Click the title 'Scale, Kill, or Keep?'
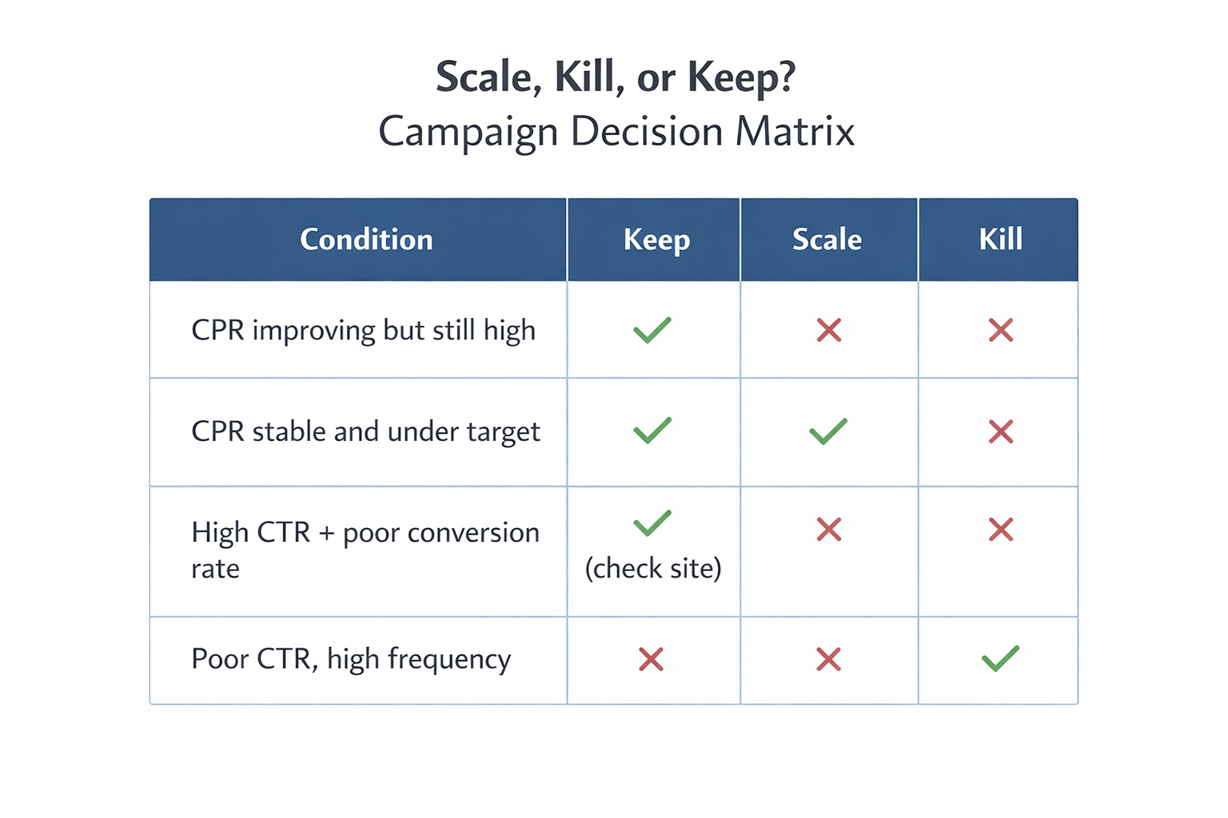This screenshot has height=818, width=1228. coord(615,78)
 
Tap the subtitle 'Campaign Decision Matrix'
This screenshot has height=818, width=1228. coord(616,132)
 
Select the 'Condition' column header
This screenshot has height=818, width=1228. coord(366,240)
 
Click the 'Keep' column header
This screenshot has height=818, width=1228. coord(656,240)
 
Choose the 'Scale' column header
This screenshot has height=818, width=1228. coord(827,240)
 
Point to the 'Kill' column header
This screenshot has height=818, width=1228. coord(1000,240)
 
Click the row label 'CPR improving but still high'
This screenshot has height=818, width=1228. coord(363,331)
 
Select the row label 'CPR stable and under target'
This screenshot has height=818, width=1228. coord(365,431)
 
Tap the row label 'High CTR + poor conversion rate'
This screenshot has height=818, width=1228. coord(365,550)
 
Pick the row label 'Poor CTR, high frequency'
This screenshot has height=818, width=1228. coord(351,659)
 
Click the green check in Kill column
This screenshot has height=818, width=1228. coord(1000,659)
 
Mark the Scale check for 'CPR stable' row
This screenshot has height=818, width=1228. coord(828,431)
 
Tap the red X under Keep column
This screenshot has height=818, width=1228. coord(652,659)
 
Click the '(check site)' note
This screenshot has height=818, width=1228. coord(653,568)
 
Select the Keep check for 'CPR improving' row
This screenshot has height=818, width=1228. coord(652,330)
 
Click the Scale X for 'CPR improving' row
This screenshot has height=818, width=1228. coord(829,330)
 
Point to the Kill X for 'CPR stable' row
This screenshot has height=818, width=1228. coord(1001,431)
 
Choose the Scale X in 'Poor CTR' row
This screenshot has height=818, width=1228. coord(829,659)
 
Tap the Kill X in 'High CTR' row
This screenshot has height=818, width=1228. coord(1001,529)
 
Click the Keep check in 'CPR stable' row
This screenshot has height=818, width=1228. coord(652,431)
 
